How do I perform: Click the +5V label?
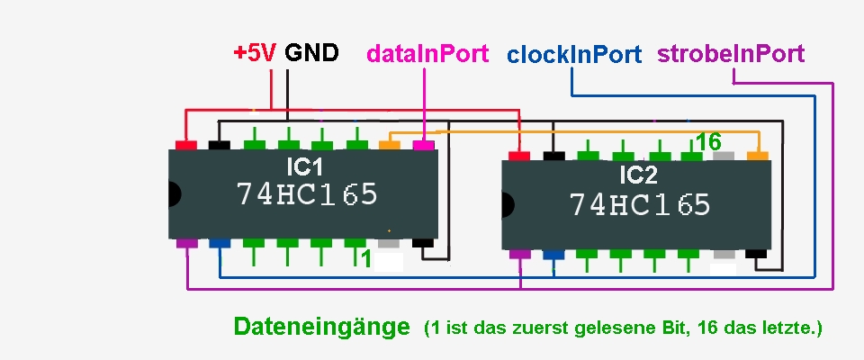pos(255,53)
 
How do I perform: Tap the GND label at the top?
pos(311,53)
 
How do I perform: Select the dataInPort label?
pos(427,54)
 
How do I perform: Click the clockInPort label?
pos(574,55)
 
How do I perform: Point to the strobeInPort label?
pos(731,54)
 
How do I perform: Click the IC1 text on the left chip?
pos(304,167)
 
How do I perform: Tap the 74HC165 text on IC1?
pos(307,194)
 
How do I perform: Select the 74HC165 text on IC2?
pos(640,204)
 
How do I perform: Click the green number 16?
pos(708,142)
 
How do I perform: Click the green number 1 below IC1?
pos(365,258)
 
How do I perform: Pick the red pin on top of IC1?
pos(186,145)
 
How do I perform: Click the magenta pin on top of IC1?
pos(423,145)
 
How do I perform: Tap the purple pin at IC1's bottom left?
pos(186,243)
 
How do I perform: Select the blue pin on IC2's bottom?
pos(553,254)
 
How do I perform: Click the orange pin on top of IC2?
pos(759,156)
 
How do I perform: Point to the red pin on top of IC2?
pos(519,157)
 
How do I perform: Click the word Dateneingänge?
pos(321,327)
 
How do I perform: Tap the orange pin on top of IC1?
pos(389,144)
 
